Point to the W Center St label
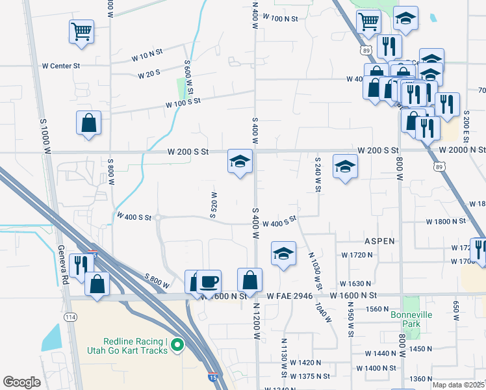click(x=61, y=66)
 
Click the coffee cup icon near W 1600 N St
click(x=209, y=282)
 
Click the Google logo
click(x=21, y=382)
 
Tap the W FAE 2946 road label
click(x=290, y=296)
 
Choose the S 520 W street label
click(x=213, y=205)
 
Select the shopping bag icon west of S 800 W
click(x=88, y=123)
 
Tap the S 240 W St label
click(x=318, y=174)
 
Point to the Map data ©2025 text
click(x=459, y=385)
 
